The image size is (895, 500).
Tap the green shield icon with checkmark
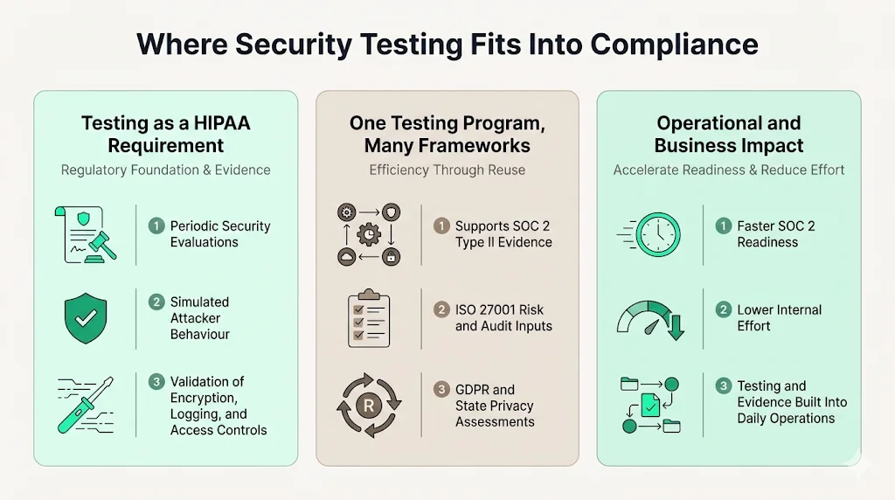pos(86,319)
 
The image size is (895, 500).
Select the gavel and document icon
pos(86,234)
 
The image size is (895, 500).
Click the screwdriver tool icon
pos(86,405)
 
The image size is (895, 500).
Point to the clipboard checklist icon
pos(368,319)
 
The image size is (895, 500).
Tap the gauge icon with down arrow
pos(650,319)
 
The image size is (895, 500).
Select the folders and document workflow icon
pos(650,403)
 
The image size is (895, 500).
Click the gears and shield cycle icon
pos(368,234)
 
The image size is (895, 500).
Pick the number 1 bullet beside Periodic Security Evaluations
pos(156,226)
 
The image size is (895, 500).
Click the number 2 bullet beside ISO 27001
pos(441,310)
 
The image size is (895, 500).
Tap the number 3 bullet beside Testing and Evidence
pos(723,386)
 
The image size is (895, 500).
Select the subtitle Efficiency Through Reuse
pos(447,170)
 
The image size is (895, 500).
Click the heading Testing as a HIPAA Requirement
pos(165,134)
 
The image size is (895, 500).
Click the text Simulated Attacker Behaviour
pos(200,318)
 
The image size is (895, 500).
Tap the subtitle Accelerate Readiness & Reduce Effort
pos(729,170)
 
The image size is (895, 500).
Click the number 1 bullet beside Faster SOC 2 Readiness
pos(723,226)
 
